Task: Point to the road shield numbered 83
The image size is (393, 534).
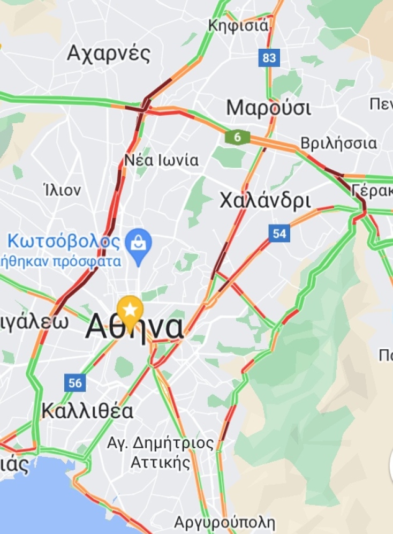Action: (269, 57)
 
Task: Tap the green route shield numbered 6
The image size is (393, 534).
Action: (237, 138)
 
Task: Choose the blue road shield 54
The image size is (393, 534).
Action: (279, 234)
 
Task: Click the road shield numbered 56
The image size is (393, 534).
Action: (75, 382)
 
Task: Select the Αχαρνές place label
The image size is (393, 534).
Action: (108, 54)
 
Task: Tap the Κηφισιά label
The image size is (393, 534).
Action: (238, 25)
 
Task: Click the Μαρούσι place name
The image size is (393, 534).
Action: (268, 108)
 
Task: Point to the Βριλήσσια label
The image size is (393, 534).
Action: (338, 144)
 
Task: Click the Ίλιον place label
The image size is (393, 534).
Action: (62, 190)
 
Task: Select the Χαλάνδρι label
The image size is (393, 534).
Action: (265, 201)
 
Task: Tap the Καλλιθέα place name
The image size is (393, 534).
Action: (87, 411)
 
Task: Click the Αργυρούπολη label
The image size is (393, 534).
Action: (224, 523)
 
